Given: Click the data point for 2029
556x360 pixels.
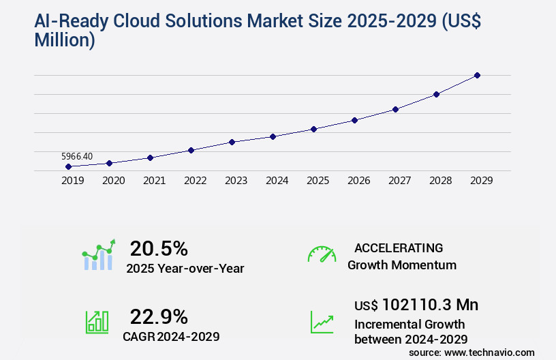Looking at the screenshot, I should [477, 75].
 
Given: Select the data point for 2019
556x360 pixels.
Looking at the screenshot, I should [68, 166].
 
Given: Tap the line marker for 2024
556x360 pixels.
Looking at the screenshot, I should [273, 136].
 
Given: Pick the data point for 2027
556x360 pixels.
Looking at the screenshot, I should [395, 109].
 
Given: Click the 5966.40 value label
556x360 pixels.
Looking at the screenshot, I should [77, 156].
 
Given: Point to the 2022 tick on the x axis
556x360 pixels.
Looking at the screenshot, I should [195, 181].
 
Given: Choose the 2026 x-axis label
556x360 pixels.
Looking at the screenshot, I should [358, 181].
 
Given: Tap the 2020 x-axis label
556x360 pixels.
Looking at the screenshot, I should [113, 181].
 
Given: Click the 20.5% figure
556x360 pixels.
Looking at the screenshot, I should [159, 248].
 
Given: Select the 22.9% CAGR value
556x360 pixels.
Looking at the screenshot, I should [159, 316].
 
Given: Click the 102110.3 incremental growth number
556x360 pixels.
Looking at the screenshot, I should [420, 305].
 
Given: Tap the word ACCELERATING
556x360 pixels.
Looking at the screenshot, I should [399, 248].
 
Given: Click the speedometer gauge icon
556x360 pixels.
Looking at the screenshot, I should [322, 254].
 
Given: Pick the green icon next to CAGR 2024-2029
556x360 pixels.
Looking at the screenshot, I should [97, 322].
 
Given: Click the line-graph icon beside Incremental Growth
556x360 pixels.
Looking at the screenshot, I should [322, 322].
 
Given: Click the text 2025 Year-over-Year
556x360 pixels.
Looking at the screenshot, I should [185, 269].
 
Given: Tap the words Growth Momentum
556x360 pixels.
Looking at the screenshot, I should [402, 265].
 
